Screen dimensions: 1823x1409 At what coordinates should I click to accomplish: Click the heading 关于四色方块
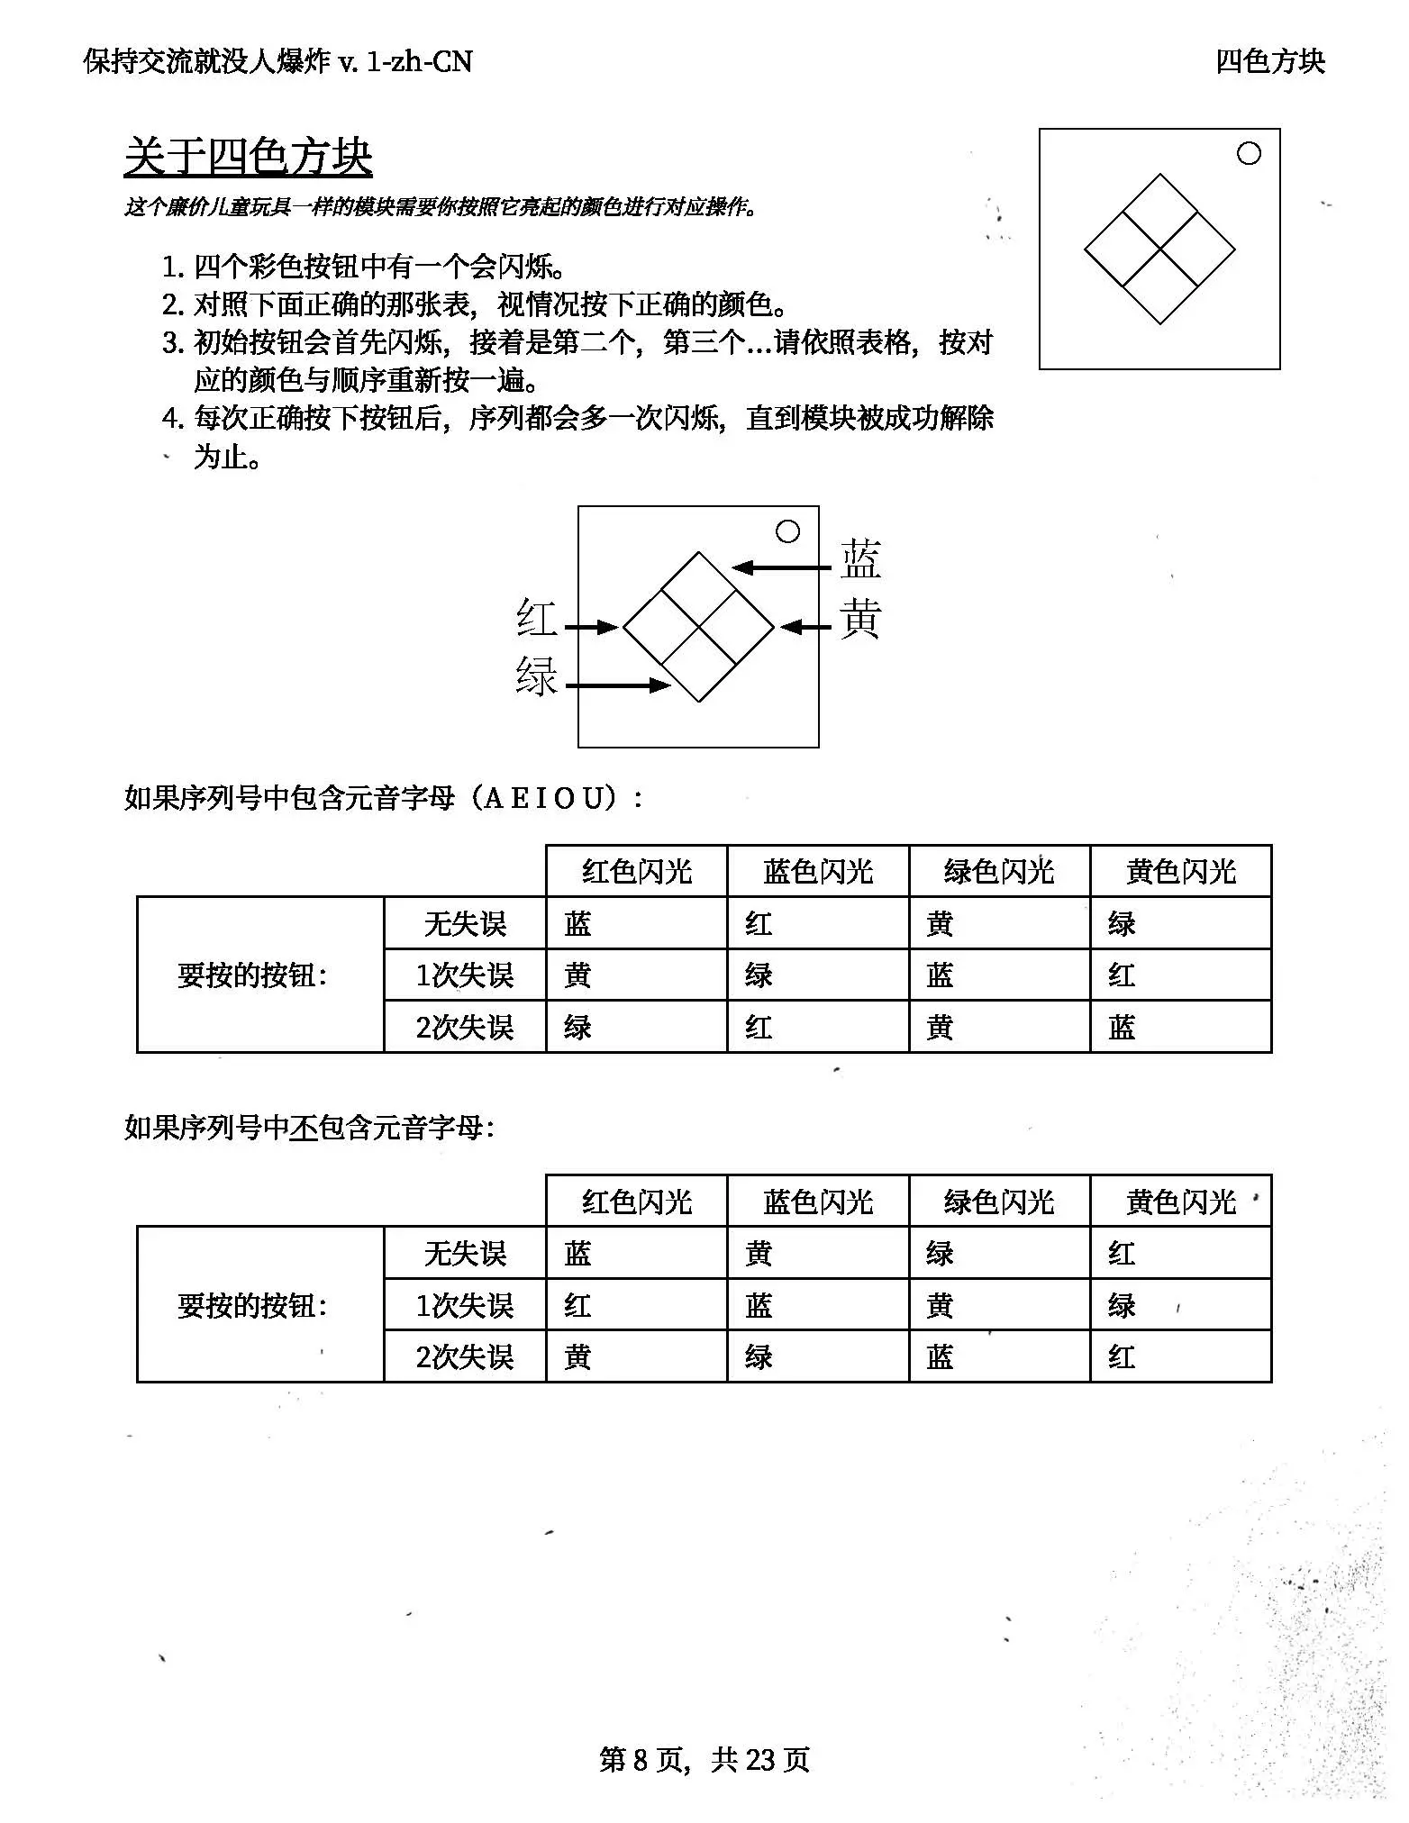pos(248,157)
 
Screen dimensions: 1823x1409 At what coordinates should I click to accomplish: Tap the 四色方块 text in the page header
pos(1269,61)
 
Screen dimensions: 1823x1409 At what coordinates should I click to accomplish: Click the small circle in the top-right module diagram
pos(1249,154)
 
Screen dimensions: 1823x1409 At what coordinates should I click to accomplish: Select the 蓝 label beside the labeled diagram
pos(860,559)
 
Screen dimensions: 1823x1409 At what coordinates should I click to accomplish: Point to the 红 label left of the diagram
pos(537,620)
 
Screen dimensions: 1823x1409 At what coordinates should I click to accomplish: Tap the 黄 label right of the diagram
pos(860,620)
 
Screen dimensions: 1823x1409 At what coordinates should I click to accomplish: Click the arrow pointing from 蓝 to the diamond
pos(780,567)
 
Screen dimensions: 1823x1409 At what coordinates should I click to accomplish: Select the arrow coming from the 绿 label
pos(618,685)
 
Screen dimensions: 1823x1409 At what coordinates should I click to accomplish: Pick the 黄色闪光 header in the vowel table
pos(1180,871)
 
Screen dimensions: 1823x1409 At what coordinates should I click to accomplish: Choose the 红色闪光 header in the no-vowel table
pos(636,1202)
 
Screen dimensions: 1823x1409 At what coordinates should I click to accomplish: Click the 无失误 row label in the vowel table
pos(465,923)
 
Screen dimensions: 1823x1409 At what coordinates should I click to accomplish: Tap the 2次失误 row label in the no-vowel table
pos(465,1356)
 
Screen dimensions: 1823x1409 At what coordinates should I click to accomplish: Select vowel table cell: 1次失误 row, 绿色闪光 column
pos(940,975)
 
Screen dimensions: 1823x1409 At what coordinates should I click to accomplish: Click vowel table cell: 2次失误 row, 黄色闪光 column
pos(1122,1028)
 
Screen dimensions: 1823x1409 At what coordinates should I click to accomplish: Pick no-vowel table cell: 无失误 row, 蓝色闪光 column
pos(759,1254)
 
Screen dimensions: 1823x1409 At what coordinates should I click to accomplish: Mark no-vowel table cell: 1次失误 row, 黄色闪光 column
pos(1122,1305)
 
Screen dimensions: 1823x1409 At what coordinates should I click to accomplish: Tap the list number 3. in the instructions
pos(173,343)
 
